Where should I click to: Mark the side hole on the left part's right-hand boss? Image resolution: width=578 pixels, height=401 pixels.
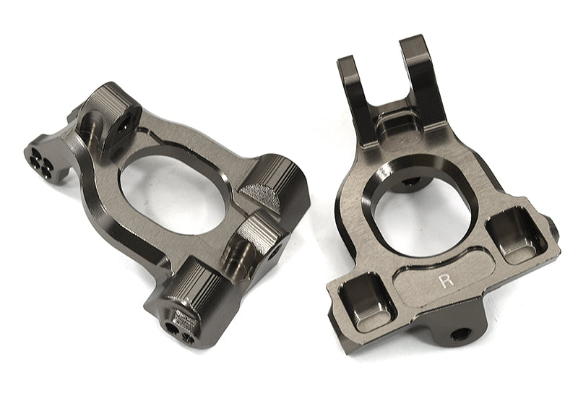[x=279, y=246]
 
